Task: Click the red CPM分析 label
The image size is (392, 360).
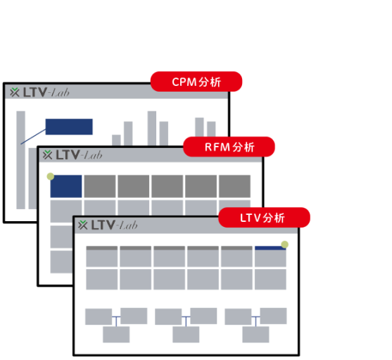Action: [x=196, y=82]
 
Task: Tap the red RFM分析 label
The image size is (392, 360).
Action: [x=229, y=147]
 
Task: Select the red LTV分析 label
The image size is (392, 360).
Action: [x=264, y=218]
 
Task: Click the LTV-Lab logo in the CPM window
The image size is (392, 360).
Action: [x=39, y=92]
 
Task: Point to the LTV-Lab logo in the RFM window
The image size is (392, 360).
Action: [x=72, y=155]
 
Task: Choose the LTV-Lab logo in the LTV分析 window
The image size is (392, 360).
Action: [x=108, y=225]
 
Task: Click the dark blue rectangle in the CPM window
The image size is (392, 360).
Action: [x=69, y=127]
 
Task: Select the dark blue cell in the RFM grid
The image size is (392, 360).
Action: [x=66, y=186]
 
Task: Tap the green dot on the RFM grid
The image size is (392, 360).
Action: [x=51, y=176]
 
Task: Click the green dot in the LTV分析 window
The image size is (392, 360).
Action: [x=284, y=244]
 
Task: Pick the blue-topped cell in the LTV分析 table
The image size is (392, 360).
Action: [x=270, y=256]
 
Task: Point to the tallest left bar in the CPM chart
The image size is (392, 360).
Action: [x=20, y=160]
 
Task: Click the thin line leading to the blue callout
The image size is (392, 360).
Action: [x=33, y=137]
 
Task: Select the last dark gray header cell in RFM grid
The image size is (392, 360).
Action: [x=234, y=186]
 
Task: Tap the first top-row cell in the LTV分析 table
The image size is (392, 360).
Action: [x=102, y=256]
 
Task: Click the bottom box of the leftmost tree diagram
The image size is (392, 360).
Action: [x=116, y=335]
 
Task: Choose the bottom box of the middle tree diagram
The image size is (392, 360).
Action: [x=186, y=335]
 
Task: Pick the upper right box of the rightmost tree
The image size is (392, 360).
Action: [x=273, y=316]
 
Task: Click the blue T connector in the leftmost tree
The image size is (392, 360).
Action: [x=116, y=321]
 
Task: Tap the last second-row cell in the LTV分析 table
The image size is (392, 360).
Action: [x=270, y=279]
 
